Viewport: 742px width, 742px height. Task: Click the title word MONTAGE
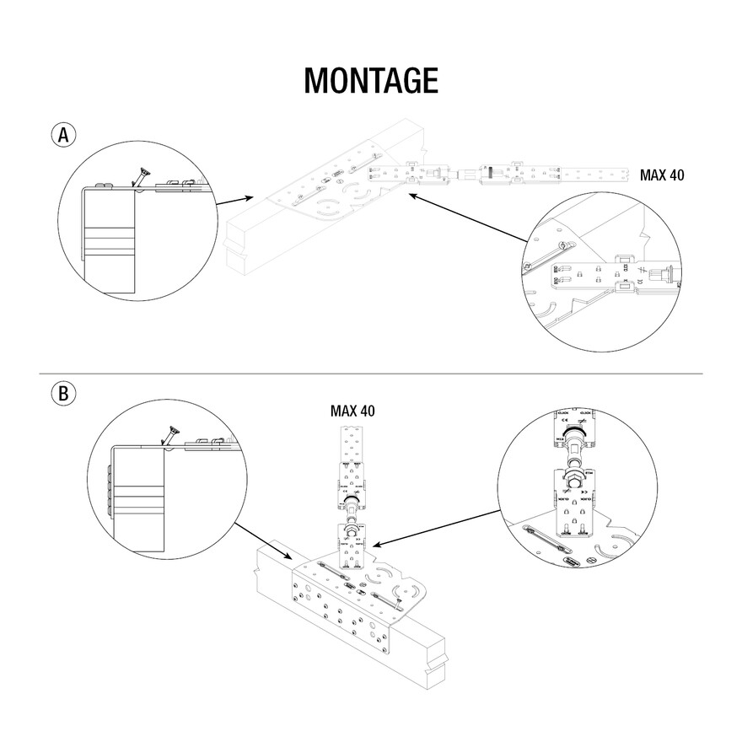click(371, 80)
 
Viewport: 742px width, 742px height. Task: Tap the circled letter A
click(64, 135)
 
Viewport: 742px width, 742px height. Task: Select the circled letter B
click(64, 393)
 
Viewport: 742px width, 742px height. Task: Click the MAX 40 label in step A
click(662, 176)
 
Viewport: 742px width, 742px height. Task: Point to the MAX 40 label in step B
click(352, 411)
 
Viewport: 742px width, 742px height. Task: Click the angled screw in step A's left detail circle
click(142, 177)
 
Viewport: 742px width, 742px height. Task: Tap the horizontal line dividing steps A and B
click(371, 374)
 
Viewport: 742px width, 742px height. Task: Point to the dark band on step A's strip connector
click(487, 174)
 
